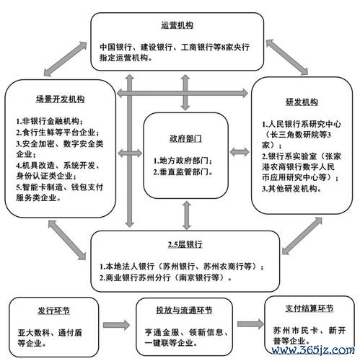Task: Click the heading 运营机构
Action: pos(177,25)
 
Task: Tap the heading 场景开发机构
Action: pos(60,99)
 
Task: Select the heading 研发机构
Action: pos(302,102)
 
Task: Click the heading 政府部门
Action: pos(185,138)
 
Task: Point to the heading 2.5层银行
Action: pos(185,244)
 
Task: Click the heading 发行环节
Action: pos(53,311)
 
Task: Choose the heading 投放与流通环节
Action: pos(184,311)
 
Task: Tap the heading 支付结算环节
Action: pos(309,308)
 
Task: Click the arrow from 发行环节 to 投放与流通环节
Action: pos(116,325)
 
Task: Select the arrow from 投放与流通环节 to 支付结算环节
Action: pos(250,324)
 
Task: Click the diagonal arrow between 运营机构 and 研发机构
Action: pos(286,57)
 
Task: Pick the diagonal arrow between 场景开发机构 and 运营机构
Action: pos(65,59)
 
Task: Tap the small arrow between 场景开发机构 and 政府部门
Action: pos(130,153)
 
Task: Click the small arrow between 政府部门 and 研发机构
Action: pos(240,152)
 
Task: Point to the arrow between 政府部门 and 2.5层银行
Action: pos(187,215)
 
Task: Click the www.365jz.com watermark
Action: pos(313,350)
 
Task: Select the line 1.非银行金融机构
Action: pos(49,121)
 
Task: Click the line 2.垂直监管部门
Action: pos(183,171)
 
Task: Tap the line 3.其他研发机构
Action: pos(291,189)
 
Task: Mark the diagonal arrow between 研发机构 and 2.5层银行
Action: pos(302,236)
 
